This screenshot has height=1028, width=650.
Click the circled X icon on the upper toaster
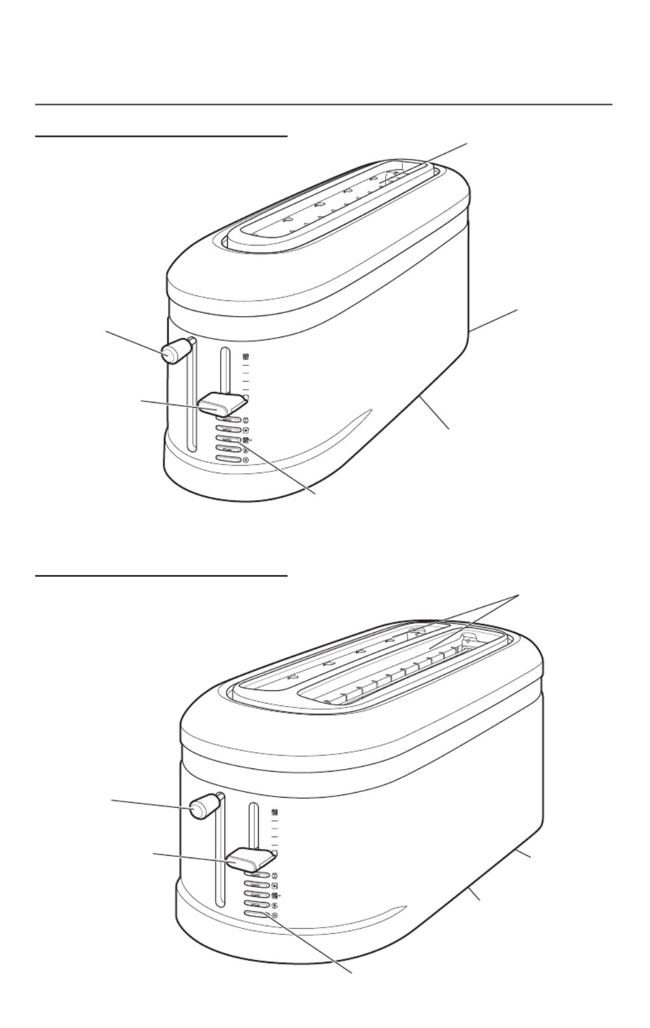tap(245, 459)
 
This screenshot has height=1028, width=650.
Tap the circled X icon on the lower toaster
tap(274, 915)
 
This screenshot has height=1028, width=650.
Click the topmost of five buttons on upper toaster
tap(227, 420)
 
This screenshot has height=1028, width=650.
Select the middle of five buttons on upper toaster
tap(227, 439)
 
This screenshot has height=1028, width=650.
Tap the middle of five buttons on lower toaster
tap(256, 895)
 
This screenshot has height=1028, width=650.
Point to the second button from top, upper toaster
tap(227, 429)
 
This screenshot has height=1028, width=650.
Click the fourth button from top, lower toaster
tap(256, 905)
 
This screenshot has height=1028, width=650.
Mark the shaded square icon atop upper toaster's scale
tap(245, 357)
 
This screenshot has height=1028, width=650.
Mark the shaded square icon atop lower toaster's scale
tap(275, 812)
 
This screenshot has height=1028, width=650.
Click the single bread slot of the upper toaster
tap(331, 204)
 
